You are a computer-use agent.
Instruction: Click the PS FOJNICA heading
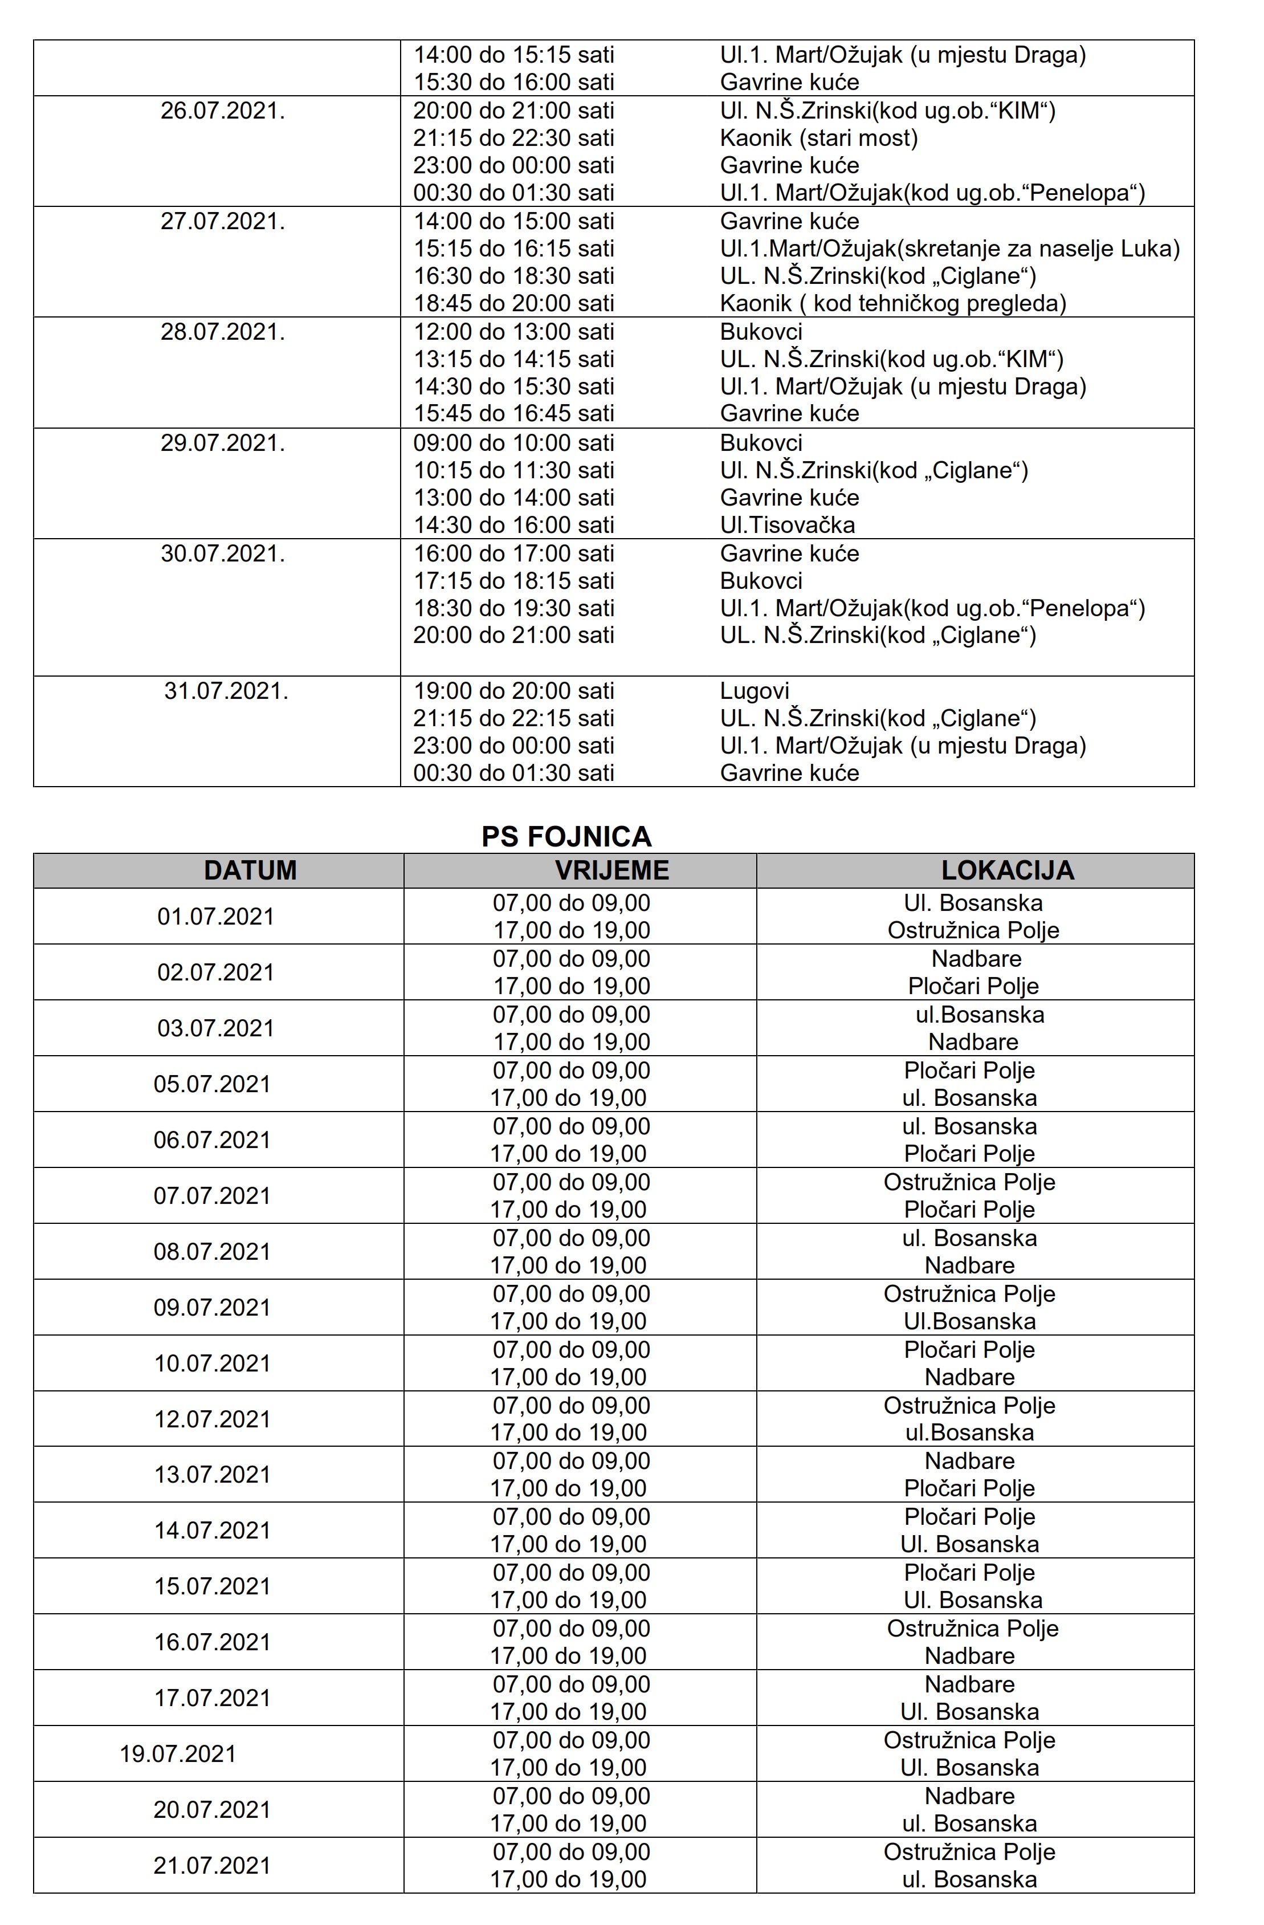tap(566, 836)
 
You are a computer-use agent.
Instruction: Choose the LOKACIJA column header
tap(1008, 870)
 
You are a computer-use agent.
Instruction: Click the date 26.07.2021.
tap(222, 111)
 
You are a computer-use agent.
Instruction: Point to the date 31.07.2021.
tap(226, 691)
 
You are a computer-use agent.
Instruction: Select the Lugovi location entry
tap(755, 691)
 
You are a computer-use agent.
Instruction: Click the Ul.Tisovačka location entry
tap(787, 525)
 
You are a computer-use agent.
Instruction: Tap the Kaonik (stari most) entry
tap(818, 139)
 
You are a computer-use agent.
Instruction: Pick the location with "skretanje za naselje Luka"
tap(949, 249)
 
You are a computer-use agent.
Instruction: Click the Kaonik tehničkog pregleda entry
tap(893, 303)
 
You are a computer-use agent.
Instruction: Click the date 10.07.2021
tap(212, 1363)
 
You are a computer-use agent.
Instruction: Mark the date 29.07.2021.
tap(222, 443)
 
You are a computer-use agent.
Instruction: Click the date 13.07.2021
tap(212, 1475)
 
